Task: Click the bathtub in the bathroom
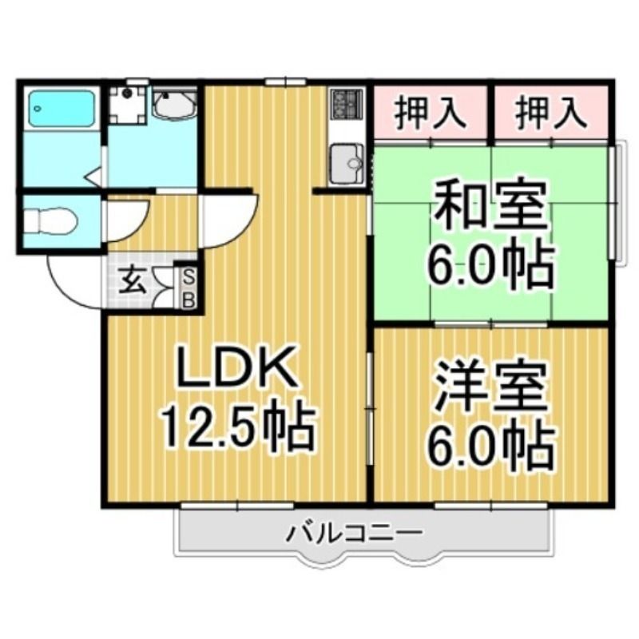[x=62, y=109]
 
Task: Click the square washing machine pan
[x=127, y=105]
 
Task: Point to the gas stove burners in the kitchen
[x=346, y=102]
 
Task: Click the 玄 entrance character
[x=133, y=280]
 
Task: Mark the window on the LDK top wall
[x=286, y=81]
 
